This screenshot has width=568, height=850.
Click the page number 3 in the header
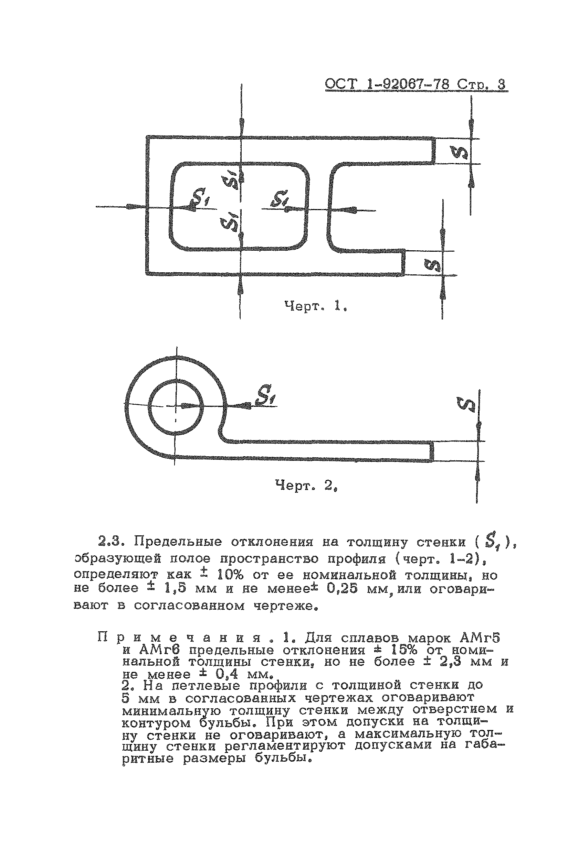coord(501,84)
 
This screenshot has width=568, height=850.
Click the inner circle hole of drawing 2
coord(176,407)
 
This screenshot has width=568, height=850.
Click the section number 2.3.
coord(112,542)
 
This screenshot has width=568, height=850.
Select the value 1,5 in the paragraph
coord(175,589)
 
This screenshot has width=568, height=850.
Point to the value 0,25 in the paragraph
coord(342,589)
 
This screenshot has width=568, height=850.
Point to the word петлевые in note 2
coord(206,686)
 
